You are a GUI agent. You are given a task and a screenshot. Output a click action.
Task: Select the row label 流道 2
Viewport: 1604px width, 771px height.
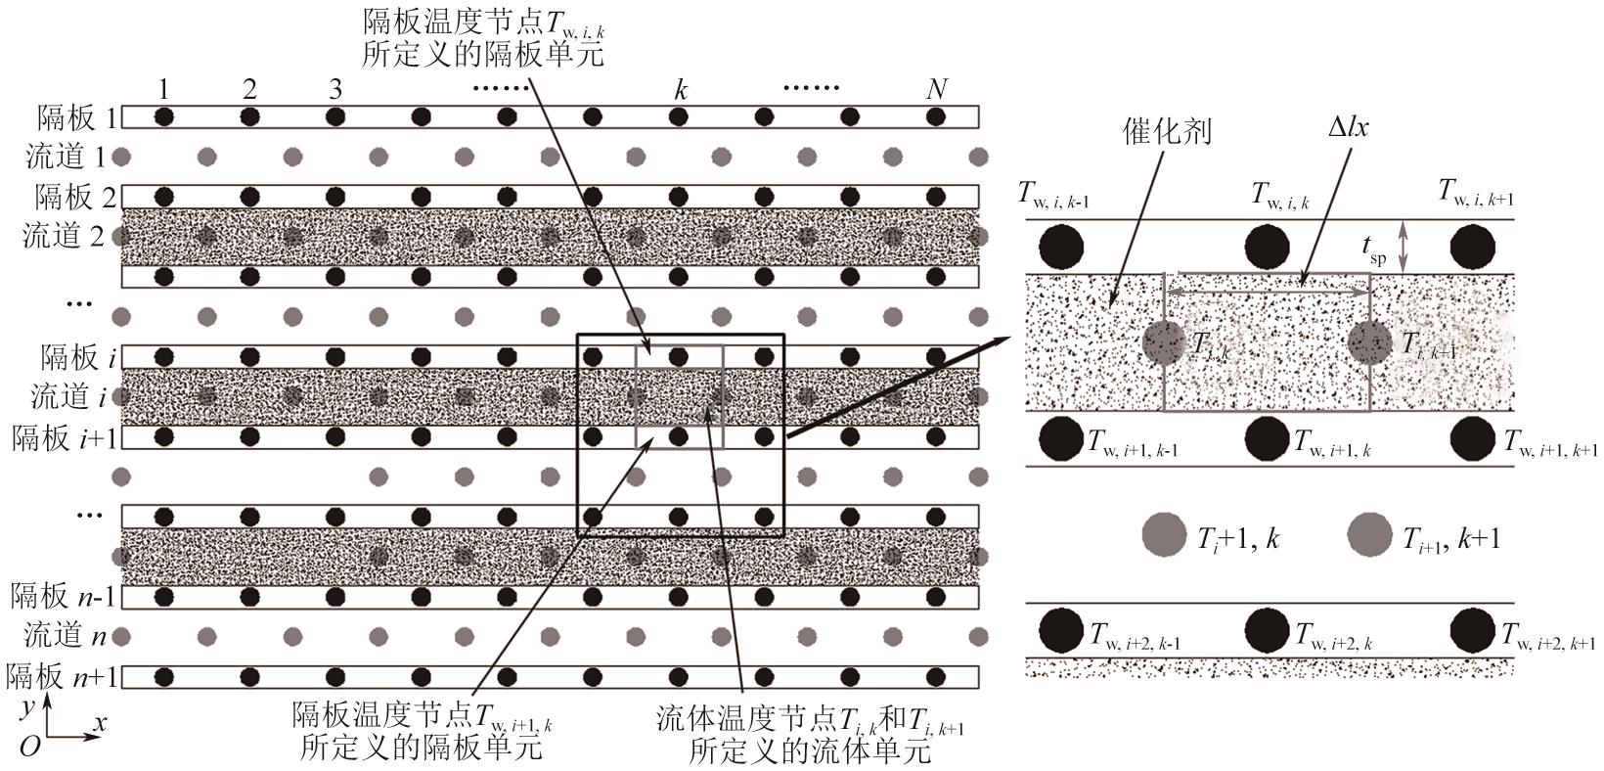tap(67, 236)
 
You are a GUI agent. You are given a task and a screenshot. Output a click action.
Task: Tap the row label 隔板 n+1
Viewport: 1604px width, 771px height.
tap(61, 676)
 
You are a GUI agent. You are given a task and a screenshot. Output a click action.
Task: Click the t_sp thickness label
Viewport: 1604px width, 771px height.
tap(1374, 249)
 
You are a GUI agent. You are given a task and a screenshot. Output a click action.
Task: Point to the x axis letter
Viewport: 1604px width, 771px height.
tap(99, 724)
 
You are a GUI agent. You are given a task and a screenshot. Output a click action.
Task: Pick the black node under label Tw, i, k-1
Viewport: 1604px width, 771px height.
tap(1061, 247)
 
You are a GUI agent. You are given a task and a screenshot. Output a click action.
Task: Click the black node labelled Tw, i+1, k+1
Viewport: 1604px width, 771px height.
tap(1472, 438)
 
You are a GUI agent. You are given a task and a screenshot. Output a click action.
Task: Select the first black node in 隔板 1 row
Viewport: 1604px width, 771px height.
tap(164, 117)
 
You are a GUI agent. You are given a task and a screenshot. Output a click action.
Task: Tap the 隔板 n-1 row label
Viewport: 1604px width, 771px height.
tap(61, 595)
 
